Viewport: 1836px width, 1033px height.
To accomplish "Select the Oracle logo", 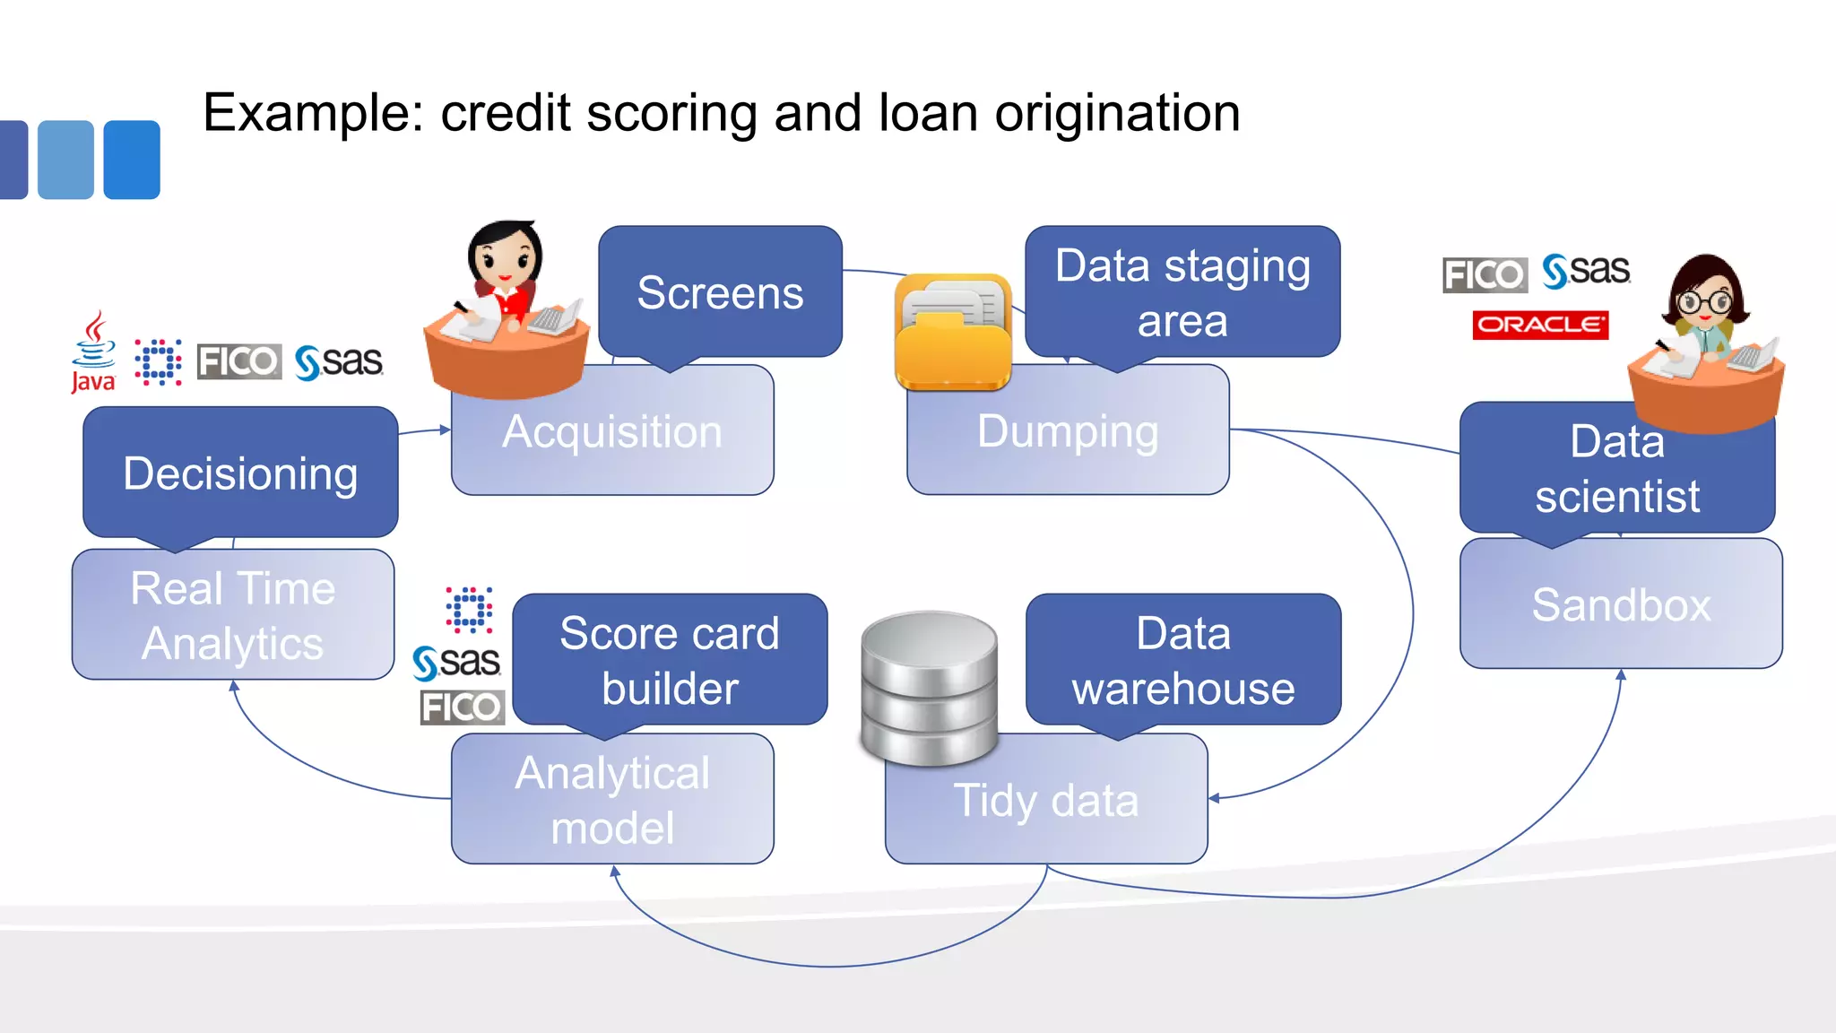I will [x=1539, y=325].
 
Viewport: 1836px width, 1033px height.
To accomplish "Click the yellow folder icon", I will [x=953, y=334].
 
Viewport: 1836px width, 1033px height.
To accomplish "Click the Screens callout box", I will [x=720, y=292].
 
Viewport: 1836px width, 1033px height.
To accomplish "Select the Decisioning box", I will [x=240, y=473].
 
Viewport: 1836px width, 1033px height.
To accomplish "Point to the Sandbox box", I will [x=1621, y=604].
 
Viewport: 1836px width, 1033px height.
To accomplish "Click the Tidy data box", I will [x=1045, y=800].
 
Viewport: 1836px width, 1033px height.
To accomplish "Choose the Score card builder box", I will [x=670, y=660].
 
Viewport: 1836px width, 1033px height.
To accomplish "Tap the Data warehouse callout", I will [x=1182, y=660].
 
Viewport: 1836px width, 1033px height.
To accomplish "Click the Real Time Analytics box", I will [x=233, y=615].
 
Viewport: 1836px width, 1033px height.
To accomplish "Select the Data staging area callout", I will [x=1182, y=292].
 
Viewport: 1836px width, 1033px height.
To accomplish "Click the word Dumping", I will [x=1067, y=431].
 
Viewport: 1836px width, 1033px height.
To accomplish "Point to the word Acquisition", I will [x=612, y=432].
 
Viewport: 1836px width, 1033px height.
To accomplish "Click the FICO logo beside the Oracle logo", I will [x=1485, y=274].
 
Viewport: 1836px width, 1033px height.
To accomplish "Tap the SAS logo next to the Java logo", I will [x=339, y=362].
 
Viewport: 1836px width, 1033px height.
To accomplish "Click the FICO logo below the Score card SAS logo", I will [x=462, y=707].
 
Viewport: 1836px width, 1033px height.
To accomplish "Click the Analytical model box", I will [x=612, y=800].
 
